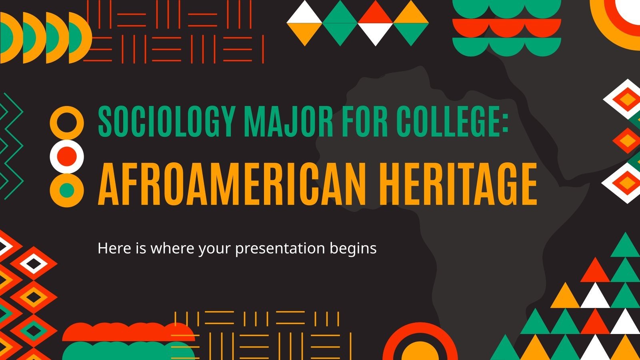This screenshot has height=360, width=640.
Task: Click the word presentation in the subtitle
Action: point(280,248)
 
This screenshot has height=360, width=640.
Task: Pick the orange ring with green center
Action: point(67,190)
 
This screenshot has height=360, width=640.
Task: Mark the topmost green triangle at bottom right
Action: point(624,245)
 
